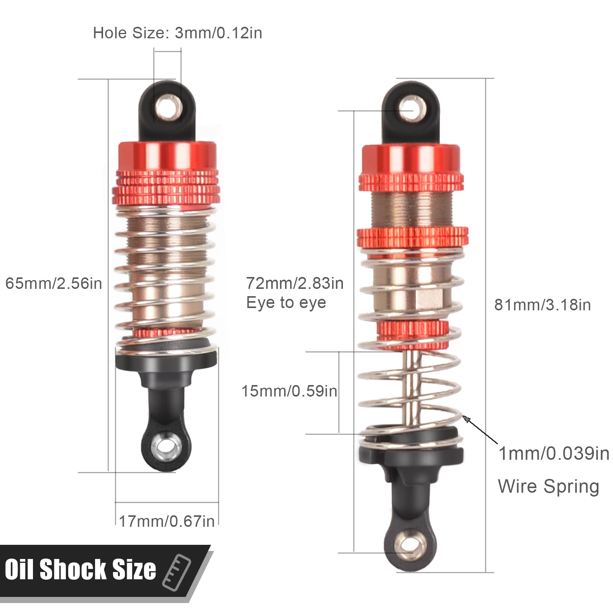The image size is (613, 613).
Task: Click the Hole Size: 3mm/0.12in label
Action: click(177, 33)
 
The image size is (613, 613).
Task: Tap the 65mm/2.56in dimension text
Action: click(54, 284)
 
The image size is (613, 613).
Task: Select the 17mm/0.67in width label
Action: click(167, 521)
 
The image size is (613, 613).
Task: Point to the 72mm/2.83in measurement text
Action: click(295, 283)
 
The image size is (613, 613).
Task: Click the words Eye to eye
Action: click(286, 303)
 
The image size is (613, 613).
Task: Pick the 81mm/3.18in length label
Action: click(543, 305)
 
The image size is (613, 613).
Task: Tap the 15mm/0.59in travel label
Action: click(289, 391)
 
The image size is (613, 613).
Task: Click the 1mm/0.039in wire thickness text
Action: click(554, 454)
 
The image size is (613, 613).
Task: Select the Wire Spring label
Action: click(548, 487)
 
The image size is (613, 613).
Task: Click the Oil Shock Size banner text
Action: click(80, 569)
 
